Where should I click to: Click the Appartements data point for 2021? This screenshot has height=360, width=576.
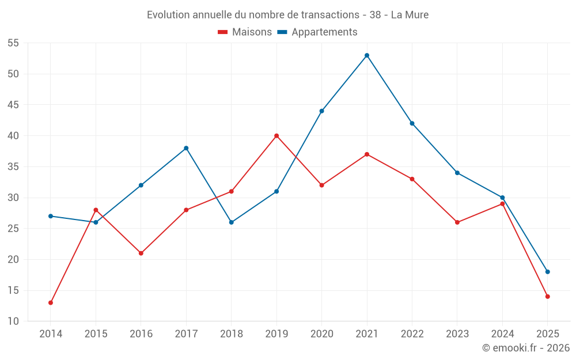click(367, 55)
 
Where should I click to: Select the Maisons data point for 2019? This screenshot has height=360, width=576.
click(276, 136)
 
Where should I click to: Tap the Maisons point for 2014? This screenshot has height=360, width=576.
click(51, 302)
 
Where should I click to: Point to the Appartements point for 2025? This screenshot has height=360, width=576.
click(548, 272)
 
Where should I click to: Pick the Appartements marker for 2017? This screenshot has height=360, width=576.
click(186, 148)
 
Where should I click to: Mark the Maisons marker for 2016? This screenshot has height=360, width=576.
click(141, 253)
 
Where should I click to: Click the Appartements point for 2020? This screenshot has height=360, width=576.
click(321, 111)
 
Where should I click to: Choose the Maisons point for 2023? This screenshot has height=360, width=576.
click(457, 222)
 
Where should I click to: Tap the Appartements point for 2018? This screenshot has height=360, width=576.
click(232, 222)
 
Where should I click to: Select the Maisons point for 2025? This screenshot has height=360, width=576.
click(548, 297)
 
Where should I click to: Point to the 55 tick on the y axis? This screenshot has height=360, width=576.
click(13, 43)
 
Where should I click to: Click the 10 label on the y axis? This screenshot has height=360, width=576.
click(13, 321)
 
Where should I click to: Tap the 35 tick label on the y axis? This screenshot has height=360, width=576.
click(13, 167)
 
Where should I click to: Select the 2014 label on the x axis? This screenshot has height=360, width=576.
click(51, 334)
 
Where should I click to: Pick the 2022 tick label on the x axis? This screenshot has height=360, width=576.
click(412, 334)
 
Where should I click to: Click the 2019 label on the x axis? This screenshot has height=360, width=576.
click(276, 334)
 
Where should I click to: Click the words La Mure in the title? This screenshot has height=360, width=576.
click(410, 15)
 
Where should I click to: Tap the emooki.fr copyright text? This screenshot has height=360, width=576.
click(526, 348)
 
